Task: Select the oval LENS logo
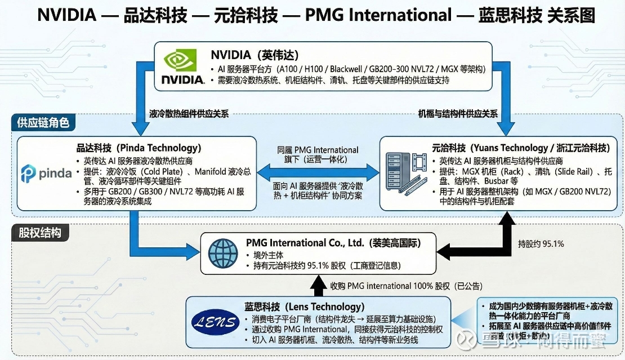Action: tap(215, 323)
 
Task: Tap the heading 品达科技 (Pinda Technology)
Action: tap(139, 148)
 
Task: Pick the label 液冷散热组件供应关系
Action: tap(189, 114)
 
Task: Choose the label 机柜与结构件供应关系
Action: tap(458, 114)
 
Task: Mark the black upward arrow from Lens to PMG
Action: tap(319, 284)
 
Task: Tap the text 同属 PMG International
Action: tap(318, 150)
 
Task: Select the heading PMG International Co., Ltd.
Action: tap(333, 243)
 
